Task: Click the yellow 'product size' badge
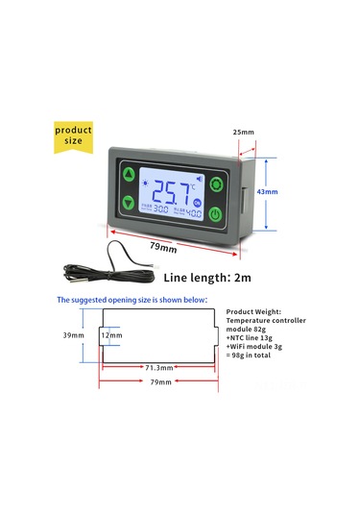[x=73, y=135]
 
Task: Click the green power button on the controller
[x=216, y=212]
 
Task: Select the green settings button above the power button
[x=216, y=184]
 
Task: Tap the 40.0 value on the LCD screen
[x=193, y=212]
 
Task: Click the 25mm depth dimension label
[x=245, y=131]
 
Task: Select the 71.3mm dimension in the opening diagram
[x=157, y=367]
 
